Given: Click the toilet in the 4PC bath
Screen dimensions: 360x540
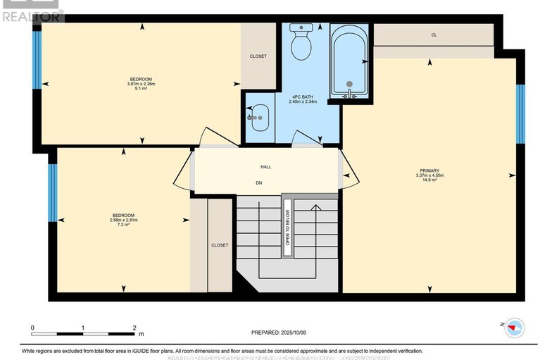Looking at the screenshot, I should click(301, 44).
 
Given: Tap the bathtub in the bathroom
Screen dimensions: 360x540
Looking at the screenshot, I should click(349, 61).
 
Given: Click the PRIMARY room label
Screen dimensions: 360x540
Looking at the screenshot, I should click(429, 170).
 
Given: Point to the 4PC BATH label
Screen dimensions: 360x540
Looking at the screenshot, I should click(303, 96).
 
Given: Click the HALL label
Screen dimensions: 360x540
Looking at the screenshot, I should click(265, 167).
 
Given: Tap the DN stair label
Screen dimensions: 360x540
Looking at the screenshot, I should click(259, 182).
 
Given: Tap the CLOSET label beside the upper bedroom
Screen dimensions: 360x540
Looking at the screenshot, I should click(258, 56).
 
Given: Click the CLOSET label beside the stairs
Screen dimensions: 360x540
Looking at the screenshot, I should click(220, 245).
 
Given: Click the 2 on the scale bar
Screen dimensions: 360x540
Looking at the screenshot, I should click(134, 328).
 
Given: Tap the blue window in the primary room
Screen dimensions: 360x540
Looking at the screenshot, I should click(520, 113).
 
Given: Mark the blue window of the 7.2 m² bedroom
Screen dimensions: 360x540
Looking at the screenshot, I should click(52, 192).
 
